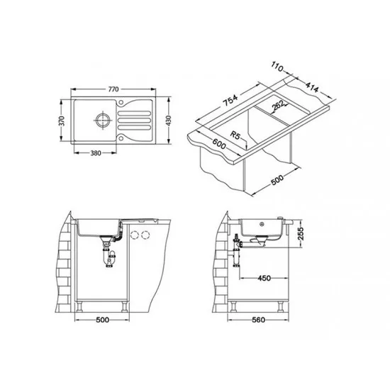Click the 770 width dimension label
(113, 89)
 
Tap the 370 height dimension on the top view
(62, 121)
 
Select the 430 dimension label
(169, 121)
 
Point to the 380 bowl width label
(96, 153)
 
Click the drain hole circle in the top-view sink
(102, 120)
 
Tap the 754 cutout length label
(230, 100)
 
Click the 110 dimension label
(277, 67)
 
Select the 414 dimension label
(312, 87)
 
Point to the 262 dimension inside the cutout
(278, 105)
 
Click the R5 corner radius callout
(235, 135)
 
